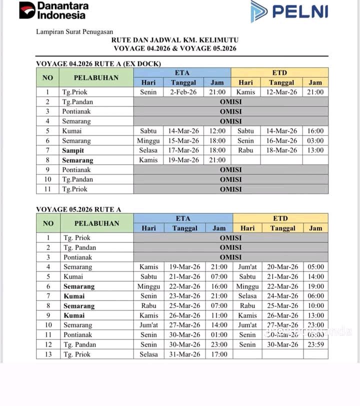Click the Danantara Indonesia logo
tap(53, 10)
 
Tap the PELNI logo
tap(289, 11)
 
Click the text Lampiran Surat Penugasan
tap(74, 31)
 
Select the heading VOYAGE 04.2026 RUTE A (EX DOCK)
tap(98, 63)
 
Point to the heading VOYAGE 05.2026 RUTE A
tap(78, 209)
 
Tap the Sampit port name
tap(73, 150)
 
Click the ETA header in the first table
tap(182, 72)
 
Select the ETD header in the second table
tap(280, 218)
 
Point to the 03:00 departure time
tap(315, 140)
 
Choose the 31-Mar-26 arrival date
tap(185, 354)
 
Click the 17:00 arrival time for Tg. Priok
tap(219, 354)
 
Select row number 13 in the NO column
tap(48, 354)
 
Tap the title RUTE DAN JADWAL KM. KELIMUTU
tap(174, 39)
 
